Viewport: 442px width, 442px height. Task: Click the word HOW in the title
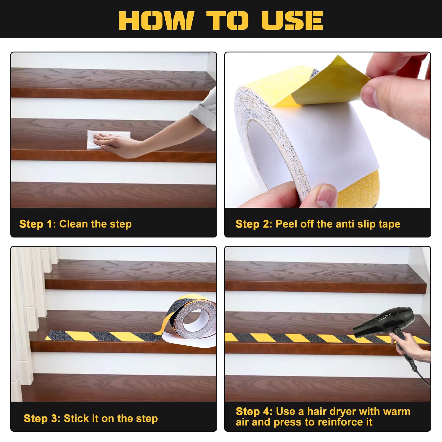coord(156,20)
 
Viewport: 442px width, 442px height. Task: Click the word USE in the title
coord(292,20)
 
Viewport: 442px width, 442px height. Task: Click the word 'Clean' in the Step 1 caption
coord(74,224)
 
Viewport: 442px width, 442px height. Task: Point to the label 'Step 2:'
coord(254,224)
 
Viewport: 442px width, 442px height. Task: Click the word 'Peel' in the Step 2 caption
coord(287,224)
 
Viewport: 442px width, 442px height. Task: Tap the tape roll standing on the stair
coord(192,321)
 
